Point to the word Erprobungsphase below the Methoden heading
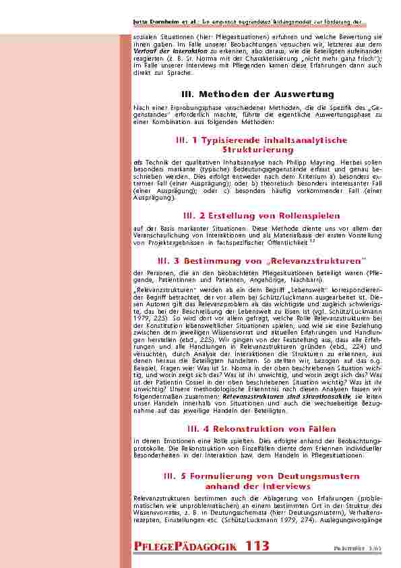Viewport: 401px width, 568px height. point(171,108)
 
